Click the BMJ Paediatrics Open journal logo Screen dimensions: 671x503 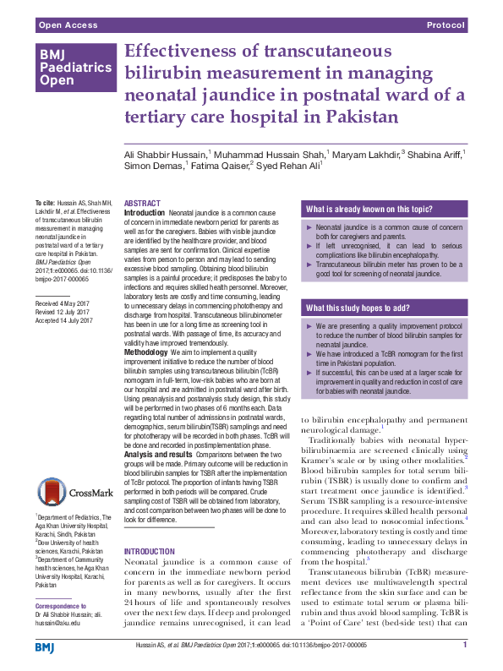tap(74, 68)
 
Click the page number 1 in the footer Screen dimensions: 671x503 tap(465, 646)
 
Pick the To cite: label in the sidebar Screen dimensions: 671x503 tap(44, 204)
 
